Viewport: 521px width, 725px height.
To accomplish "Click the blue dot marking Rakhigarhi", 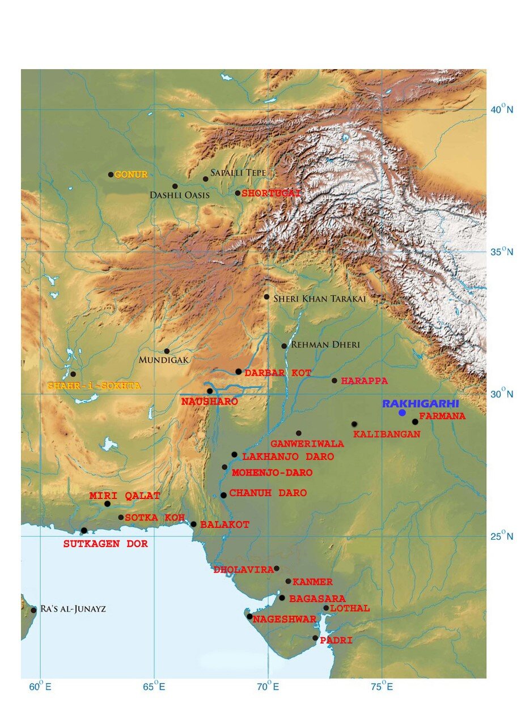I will click(x=402, y=412).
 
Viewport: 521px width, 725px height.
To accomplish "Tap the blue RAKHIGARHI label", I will click(x=420, y=403).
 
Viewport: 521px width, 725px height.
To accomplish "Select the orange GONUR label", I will click(x=131, y=174).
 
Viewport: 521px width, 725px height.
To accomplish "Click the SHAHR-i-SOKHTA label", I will click(x=94, y=385).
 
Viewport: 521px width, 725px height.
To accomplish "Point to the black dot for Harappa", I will click(x=334, y=381).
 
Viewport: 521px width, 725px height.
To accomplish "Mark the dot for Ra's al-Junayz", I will click(x=33, y=610).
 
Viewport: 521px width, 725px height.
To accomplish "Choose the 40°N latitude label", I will click(x=502, y=109).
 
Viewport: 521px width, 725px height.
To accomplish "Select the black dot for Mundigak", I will click(x=167, y=351).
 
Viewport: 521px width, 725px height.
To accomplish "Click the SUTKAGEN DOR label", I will click(x=105, y=544).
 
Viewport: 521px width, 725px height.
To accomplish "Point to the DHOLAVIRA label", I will click(x=244, y=570).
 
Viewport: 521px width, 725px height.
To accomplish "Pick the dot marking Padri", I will click(x=315, y=638).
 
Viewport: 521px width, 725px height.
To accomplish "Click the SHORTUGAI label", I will click(x=270, y=193).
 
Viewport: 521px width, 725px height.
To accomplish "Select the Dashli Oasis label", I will click(x=180, y=195).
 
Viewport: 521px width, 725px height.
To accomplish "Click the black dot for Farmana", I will click(x=415, y=421).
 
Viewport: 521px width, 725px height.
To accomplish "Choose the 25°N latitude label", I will click(x=502, y=536).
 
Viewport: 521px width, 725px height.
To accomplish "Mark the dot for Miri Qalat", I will click(x=107, y=504).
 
